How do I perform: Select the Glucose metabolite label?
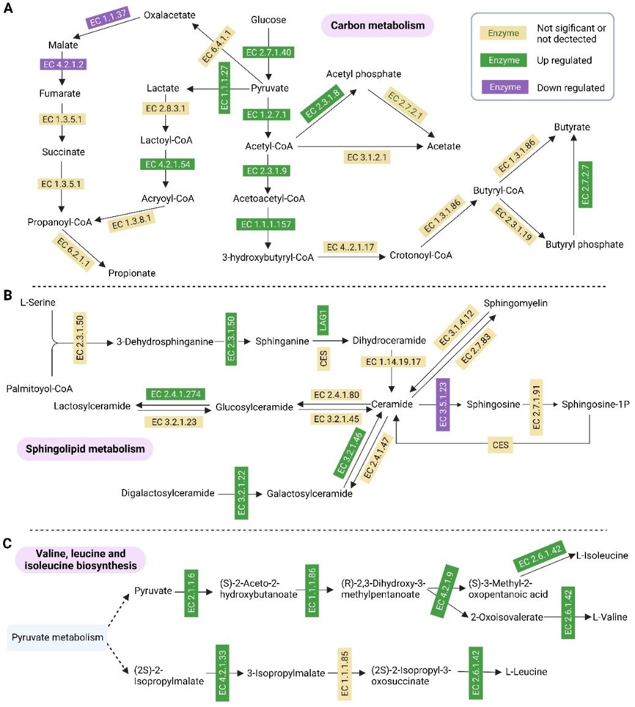coord(269,20)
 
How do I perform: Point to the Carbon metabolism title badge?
coord(377,26)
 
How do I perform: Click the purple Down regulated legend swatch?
coord(504,87)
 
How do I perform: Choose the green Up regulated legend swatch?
coord(504,60)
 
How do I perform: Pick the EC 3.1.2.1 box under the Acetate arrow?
coord(368,157)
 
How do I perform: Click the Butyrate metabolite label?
coord(572,127)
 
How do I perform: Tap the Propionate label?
coord(132,273)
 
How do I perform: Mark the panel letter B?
coord(8,296)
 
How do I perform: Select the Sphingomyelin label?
coord(516,303)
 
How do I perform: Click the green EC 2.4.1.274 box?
coord(175,394)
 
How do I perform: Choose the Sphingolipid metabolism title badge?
coord(85,449)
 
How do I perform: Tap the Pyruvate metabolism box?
coord(58,637)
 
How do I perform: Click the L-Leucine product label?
coord(526,672)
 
